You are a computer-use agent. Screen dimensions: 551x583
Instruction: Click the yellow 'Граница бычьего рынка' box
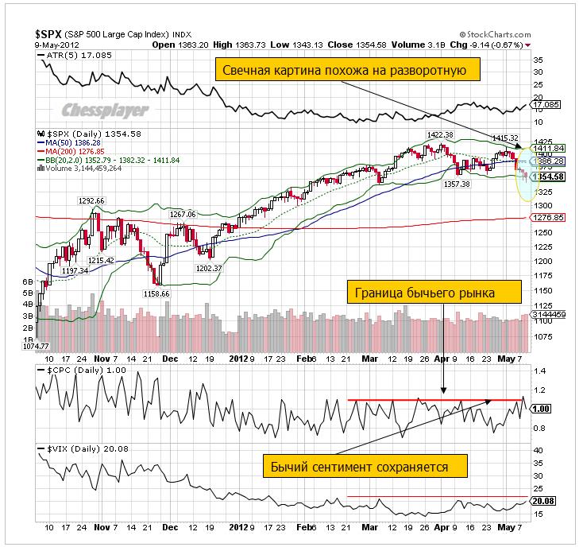tap(433, 293)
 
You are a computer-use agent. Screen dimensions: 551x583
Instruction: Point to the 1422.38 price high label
tap(440, 135)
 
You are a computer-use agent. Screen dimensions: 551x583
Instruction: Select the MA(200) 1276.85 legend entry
tap(75, 151)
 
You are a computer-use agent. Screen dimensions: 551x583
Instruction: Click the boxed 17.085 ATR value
tap(546, 104)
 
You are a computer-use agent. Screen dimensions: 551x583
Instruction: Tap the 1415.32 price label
tap(505, 138)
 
